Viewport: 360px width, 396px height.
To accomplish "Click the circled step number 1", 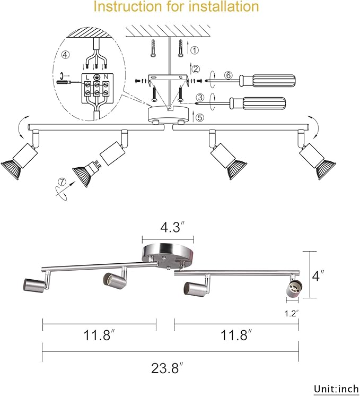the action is coord(194,50).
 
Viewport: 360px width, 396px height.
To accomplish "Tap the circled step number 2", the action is coord(196,69).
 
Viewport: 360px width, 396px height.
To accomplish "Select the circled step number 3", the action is coord(200,98).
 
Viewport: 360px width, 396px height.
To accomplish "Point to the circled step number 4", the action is coord(65,55).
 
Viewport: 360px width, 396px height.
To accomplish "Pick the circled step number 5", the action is coord(200,117).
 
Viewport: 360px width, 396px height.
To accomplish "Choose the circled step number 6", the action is coord(229,75).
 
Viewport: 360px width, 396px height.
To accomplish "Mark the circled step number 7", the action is coord(62,182).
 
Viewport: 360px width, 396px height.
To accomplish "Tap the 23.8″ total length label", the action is coord(167,368).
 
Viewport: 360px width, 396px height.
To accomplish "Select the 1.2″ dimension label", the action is coord(292,313).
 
